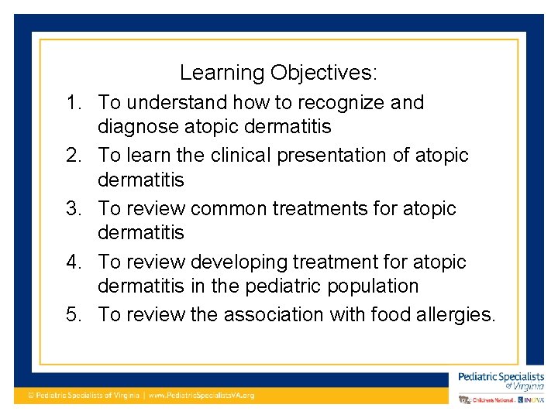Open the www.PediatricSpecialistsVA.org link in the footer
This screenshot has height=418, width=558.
click(201, 395)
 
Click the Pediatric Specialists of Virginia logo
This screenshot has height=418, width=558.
click(501, 380)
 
